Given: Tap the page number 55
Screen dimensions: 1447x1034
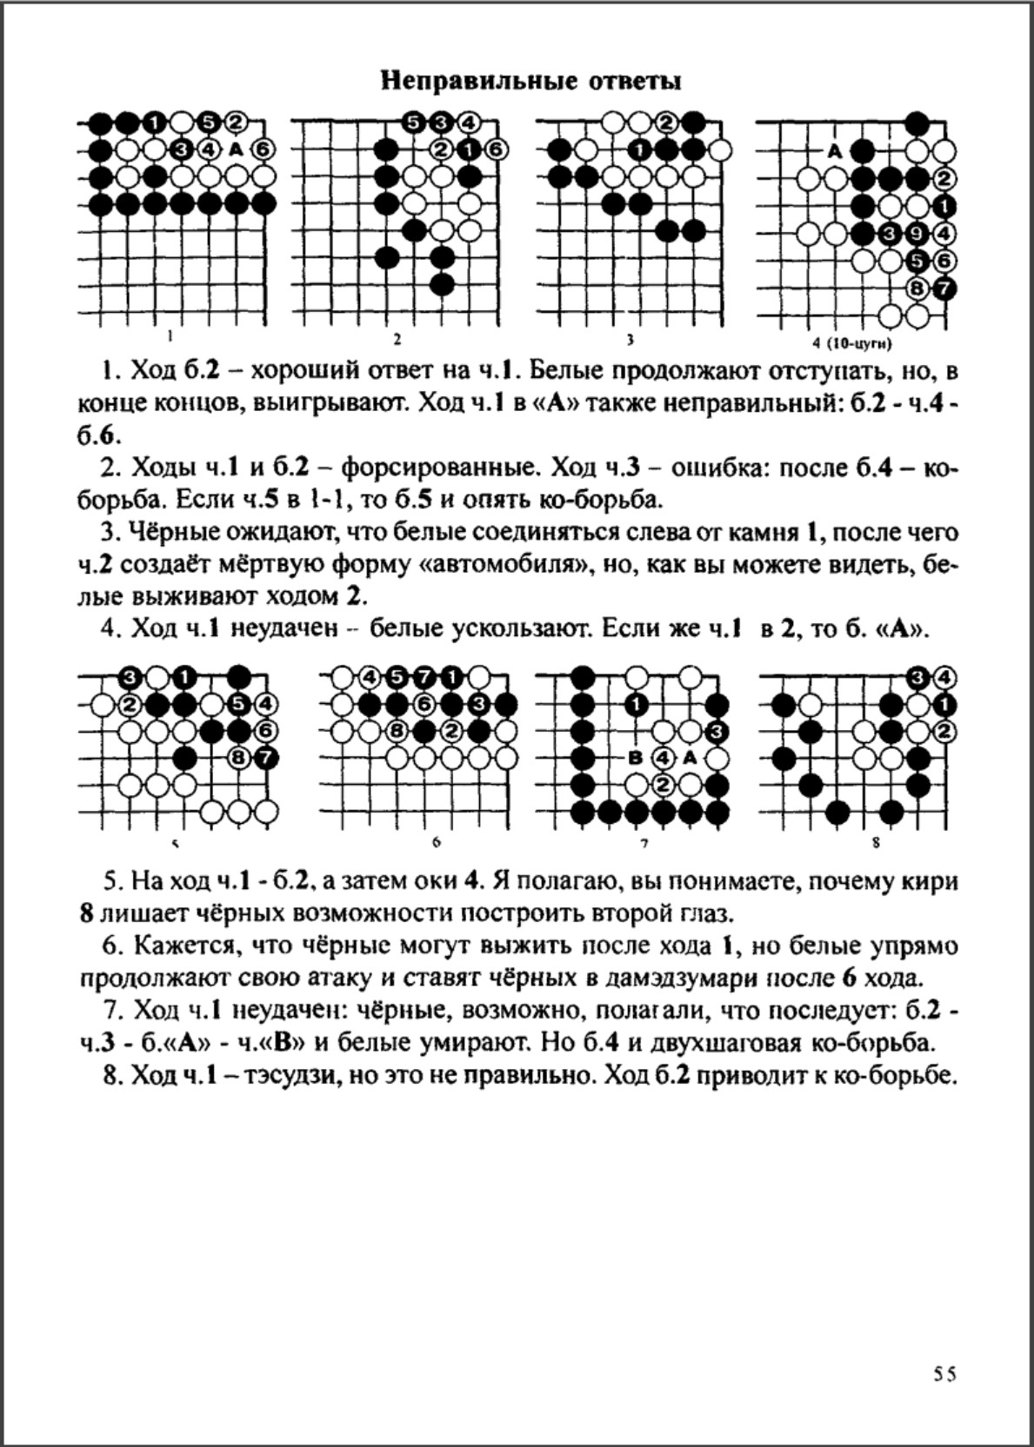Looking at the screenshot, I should pyautogui.click(x=944, y=1374).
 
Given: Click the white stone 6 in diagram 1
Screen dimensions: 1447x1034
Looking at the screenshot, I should pyautogui.click(x=264, y=149).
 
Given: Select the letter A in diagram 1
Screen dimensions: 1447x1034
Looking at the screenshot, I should pyautogui.click(x=237, y=149).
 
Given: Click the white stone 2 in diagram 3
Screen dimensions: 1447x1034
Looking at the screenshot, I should pyautogui.click(x=667, y=123).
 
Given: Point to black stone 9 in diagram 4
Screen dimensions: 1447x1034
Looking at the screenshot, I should pyautogui.click(x=917, y=233).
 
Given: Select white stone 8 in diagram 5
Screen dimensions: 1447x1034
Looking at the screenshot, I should pyautogui.click(x=238, y=758).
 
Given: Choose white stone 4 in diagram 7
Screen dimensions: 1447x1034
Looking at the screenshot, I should pyautogui.click(x=664, y=758).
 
